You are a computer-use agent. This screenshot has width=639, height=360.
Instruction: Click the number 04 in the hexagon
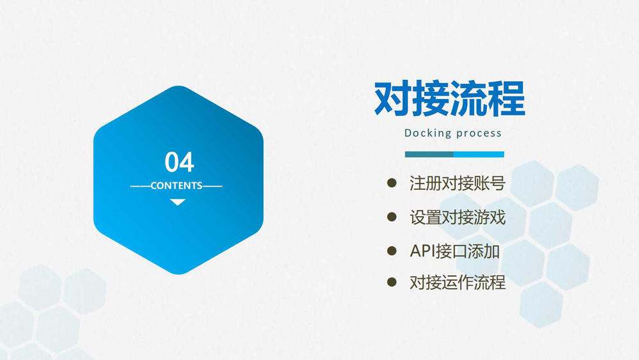(180, 162)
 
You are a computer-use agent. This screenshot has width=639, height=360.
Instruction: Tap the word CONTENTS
(176, 186)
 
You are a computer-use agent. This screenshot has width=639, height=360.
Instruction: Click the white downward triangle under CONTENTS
(178, 202)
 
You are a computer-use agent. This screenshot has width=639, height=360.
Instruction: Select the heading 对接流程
(449, 98)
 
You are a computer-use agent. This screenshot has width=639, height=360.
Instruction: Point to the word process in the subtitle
(479, 134)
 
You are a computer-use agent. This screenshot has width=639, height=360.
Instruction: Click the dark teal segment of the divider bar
(429, 154)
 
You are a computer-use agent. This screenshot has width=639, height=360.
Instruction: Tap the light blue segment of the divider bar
(479, 154)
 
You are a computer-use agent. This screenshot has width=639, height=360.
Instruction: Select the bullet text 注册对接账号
(458, 184)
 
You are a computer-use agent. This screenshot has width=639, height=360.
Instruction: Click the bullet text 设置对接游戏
(458, 217)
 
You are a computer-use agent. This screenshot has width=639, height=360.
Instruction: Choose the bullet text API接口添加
(454, 251)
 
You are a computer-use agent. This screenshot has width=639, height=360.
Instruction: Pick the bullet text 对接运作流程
(458, 282)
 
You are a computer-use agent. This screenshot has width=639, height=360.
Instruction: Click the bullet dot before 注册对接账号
(392, 183)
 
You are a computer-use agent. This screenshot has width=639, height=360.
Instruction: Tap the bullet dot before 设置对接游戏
(392, 217)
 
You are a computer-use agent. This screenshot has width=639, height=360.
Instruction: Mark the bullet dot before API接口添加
(392, 250)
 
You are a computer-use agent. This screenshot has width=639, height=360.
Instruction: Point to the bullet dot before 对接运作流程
(392, 282)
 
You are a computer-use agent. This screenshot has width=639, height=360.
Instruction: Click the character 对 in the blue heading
(392, 98)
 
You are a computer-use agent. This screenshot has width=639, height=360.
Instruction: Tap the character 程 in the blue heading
(507, 98)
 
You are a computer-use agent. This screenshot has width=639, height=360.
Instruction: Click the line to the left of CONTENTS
(140, 186)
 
